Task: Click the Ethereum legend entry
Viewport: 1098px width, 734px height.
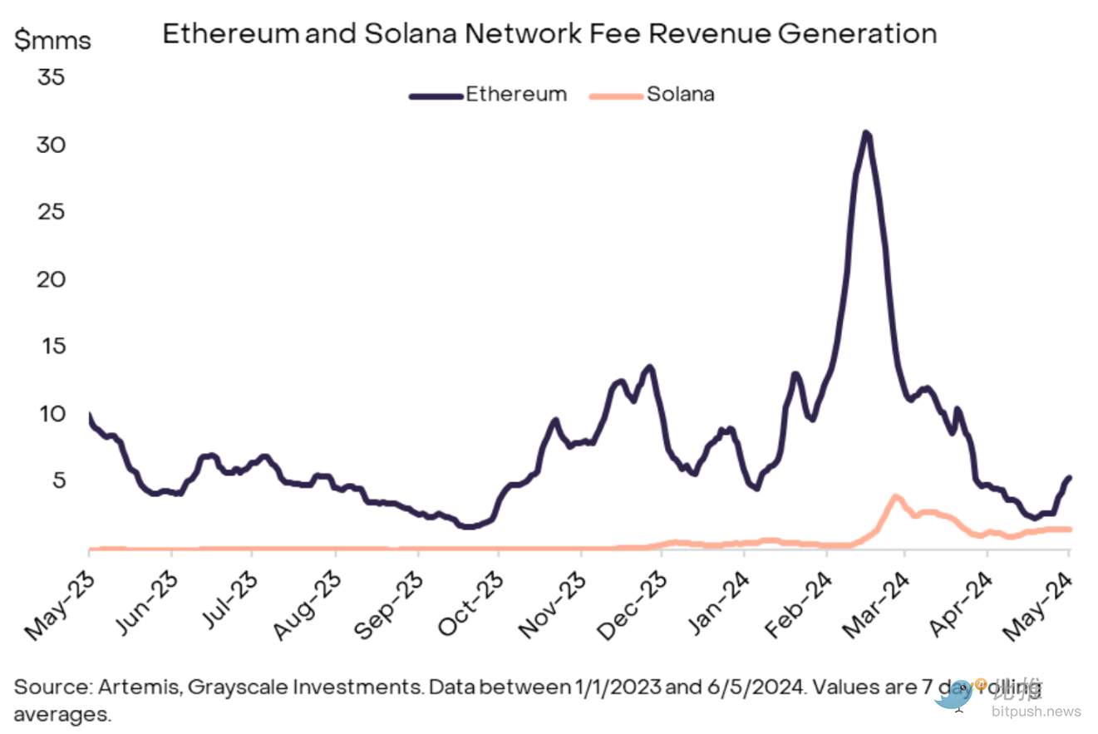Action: point(515,94)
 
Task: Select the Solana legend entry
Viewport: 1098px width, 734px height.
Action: point(680,94)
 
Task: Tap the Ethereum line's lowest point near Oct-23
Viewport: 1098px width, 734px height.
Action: point(469,526)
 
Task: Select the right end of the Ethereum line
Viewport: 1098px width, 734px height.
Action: point(1070,477)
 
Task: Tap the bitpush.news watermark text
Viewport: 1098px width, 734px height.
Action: point(1035,712)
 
